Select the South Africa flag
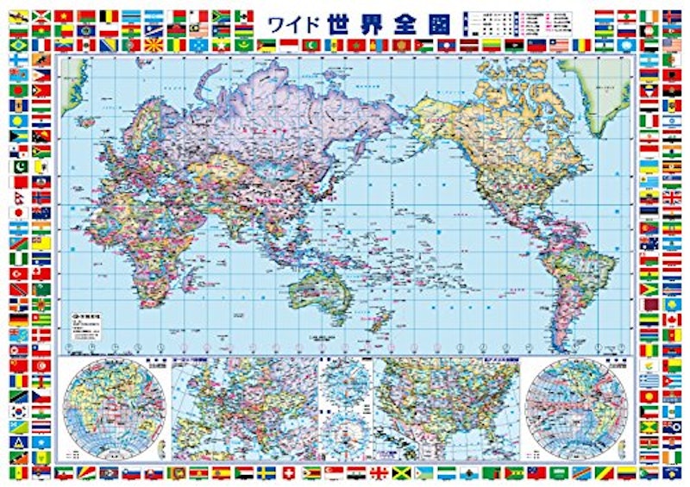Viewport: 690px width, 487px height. (244, 16)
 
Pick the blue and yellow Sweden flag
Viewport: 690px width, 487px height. (267, 472)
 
